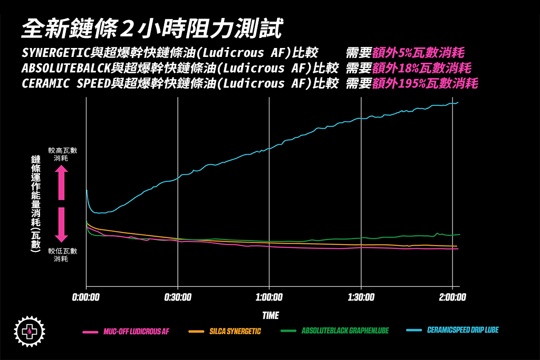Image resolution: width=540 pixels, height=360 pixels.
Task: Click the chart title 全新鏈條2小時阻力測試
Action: (x=152, y=28)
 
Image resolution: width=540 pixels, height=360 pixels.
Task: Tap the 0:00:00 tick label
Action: (x=86, y=297)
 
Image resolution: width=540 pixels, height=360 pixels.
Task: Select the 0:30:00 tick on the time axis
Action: (x=178, y=297)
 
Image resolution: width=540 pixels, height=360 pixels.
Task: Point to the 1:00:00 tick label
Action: (x=269, y=297)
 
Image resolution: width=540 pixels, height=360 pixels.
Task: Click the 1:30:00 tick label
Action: (x=361, y=297)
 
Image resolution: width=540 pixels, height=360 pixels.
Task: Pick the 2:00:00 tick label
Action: (x=452, y=297)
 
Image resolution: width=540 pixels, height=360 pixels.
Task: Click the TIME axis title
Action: (x=270, y=315)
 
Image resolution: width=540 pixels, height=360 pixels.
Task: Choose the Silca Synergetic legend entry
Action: (x=226, y=332)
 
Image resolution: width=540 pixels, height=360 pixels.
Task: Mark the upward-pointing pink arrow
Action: (x=62, y=182)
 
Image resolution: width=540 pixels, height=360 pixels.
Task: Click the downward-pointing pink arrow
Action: (x=62, y=225)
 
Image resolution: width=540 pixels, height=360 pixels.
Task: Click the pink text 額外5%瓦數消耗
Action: (x=418, y=53)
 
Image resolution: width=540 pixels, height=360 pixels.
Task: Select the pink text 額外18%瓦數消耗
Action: (x=421, y=68)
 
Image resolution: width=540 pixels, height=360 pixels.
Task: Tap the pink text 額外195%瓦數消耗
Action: (x=425, y=83)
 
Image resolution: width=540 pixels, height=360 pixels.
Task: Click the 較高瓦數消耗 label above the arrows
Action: (x=62, y=154)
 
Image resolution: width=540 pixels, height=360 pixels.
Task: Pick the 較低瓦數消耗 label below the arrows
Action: (x=62, y=255)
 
